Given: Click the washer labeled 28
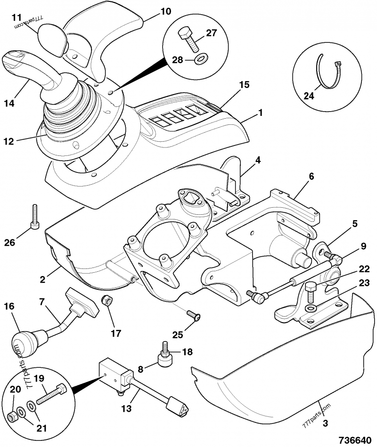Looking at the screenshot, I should tap(201, 59).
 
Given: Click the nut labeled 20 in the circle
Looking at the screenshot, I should tap(14, 416).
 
